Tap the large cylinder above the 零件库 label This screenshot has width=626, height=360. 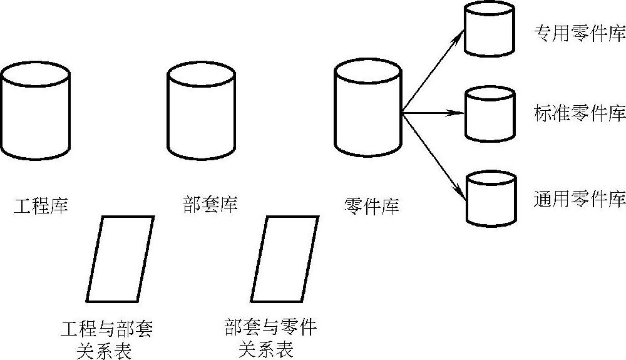tap(367, 110)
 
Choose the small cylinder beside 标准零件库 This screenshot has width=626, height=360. tap(490, 114)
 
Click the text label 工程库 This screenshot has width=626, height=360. tap(41, 205)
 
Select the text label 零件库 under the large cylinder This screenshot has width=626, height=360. tap(372, 205)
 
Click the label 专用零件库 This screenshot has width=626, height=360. tap(580, 34)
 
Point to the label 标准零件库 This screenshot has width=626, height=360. tap(580, 114)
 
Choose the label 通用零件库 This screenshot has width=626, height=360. tap(580, 200)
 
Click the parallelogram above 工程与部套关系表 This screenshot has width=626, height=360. tap(120, 259)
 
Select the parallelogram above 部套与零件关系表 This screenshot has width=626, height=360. tap(284, 259)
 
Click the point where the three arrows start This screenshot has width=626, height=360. tap(402, 113)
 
